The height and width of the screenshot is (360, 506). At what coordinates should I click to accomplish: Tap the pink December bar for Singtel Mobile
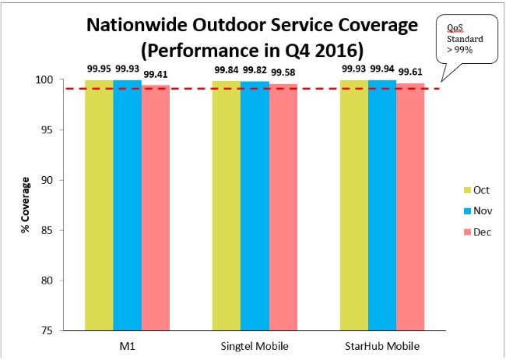pyautogui.click(x=283, y=206)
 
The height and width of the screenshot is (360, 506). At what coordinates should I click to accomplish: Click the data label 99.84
pyautogui.click(x=227, y=69)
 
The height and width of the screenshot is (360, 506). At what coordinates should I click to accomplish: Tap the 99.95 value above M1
pyautogui.click(x=99, y=69)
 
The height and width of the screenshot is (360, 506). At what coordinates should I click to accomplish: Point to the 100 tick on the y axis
pyautogui.click(x=45, y=80)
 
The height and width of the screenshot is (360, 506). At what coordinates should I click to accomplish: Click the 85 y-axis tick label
pyautogui.click(x=48, y=230)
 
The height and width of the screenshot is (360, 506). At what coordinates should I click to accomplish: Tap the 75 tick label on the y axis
pyautogui.click(x=48, y=330)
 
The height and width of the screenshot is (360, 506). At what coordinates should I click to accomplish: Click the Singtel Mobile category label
pyautogui.click(x=255, y=344)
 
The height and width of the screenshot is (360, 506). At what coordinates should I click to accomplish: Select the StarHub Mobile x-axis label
pyautogui.click(x=382, y=344)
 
